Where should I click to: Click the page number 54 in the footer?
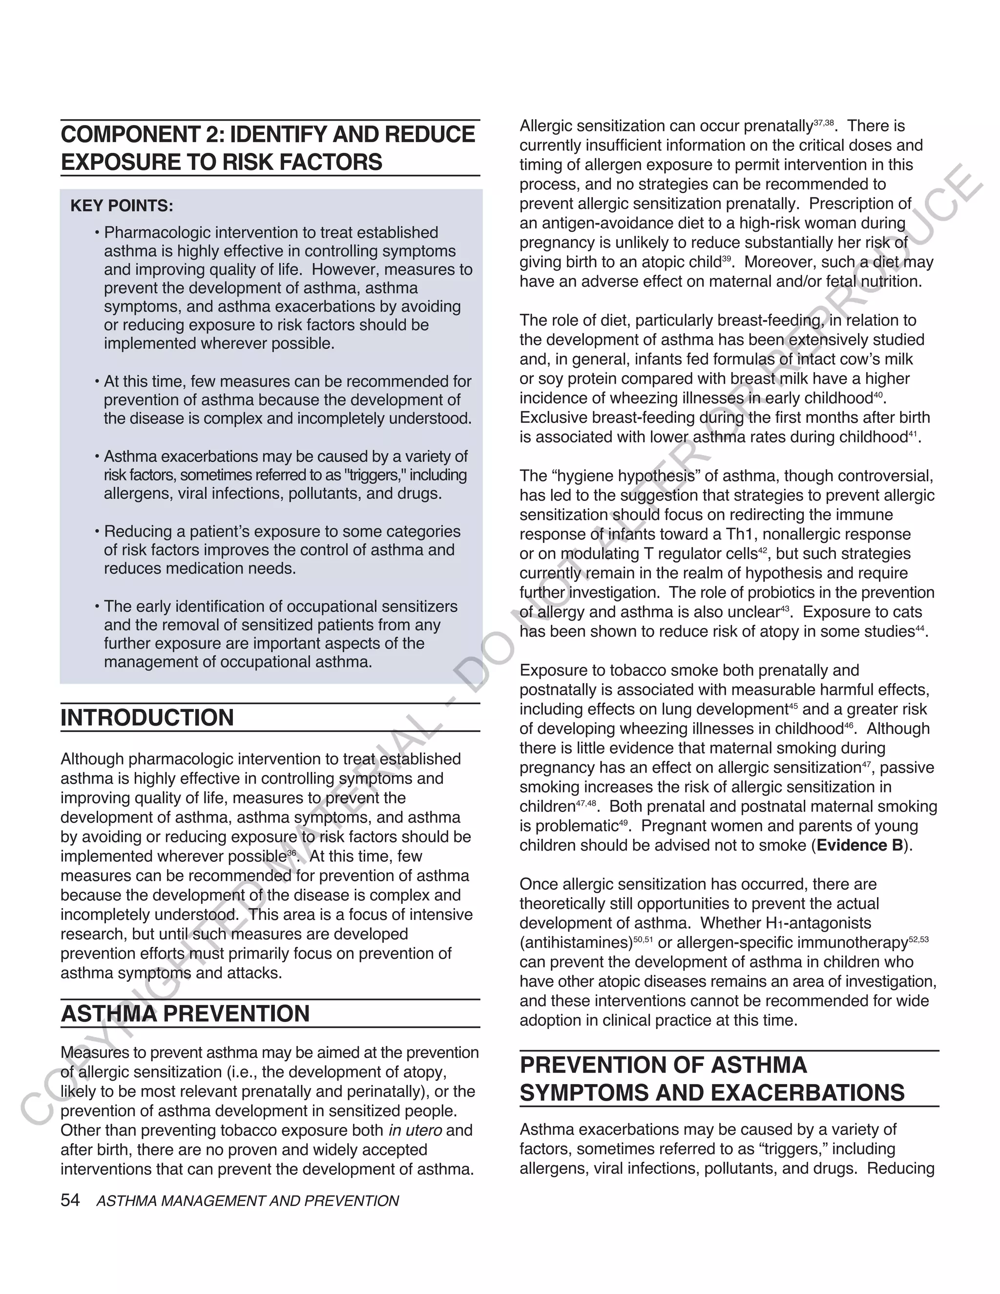70,1200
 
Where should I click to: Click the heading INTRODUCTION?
147,717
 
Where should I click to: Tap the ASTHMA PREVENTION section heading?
185,1014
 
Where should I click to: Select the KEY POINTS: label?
122,206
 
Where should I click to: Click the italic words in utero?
415,1130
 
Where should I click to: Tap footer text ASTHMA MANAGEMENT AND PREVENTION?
247,1201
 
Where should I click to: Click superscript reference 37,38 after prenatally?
823,123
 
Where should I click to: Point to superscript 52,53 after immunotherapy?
918,939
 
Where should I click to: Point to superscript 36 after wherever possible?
292,853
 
